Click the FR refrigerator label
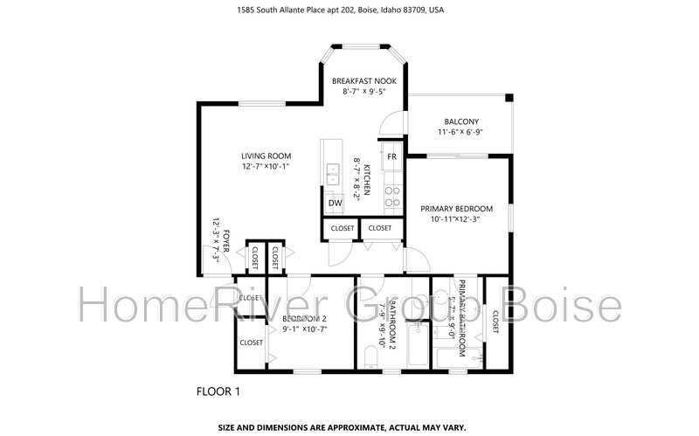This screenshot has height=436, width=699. [392, 156]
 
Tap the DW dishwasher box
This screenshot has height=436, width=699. [335, 204]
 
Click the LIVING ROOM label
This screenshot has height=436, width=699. [266, 156]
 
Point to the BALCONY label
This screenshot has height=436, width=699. [461, 121]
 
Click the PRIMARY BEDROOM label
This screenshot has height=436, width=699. [457, 209]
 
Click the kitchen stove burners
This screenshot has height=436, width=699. [393, 197]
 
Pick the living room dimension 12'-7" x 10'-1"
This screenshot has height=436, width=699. [266, 166]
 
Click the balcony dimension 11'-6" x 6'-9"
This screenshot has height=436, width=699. [460, 132]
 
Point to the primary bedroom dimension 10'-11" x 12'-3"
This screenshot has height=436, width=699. [457, 218]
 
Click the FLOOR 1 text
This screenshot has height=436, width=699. [218, 391]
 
